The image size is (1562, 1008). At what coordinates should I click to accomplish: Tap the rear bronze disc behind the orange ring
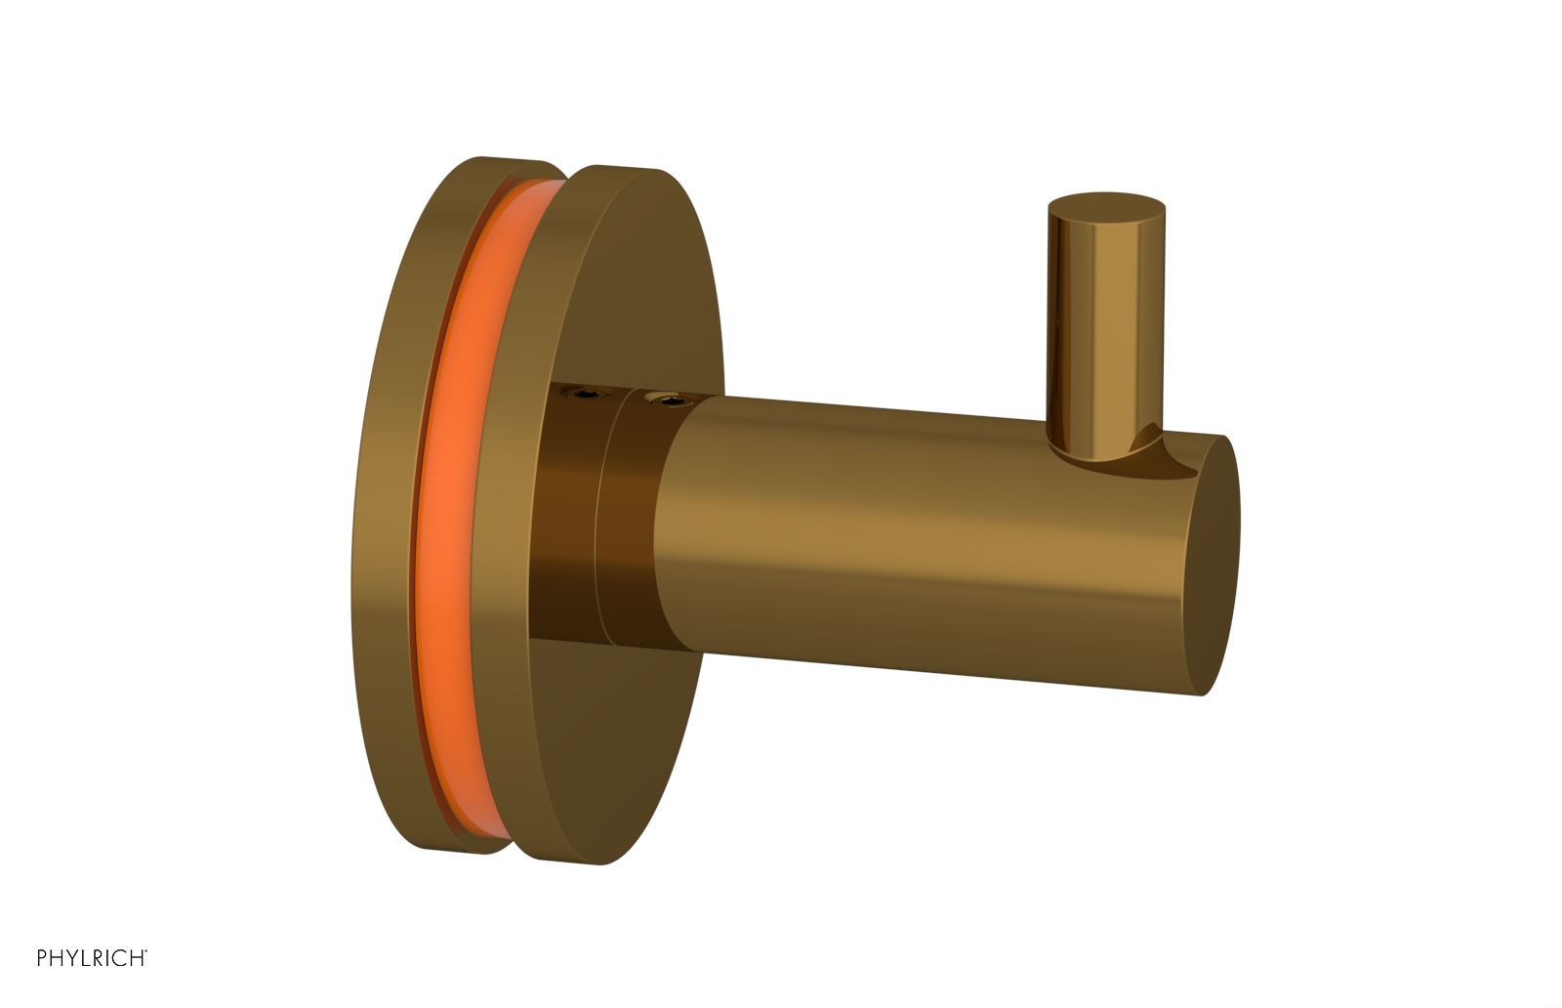pyautogui.click(x=386, y=508)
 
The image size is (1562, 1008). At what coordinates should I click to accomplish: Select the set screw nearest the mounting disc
pyautogui.click(x=589, y=394)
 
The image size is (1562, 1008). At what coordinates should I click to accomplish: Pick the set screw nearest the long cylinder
pyautogui.click(x=669, y=399)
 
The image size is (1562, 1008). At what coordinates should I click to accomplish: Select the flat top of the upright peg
pyautogui.click(x=1106, y=207)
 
